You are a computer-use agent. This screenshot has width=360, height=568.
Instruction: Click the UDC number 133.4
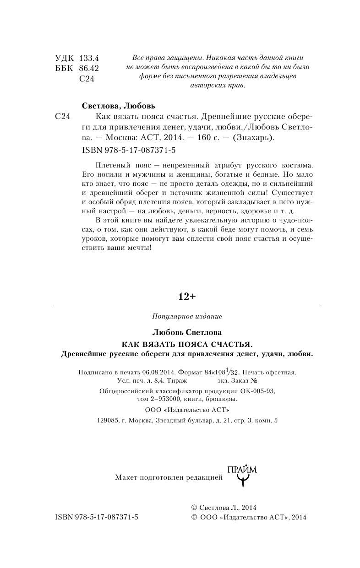click(89, 59)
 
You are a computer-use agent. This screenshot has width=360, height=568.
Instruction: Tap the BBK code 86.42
click(89, 69)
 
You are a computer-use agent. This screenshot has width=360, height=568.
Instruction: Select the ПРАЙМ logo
click(242, 475)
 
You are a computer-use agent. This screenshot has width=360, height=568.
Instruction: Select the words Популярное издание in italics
click(187, 316)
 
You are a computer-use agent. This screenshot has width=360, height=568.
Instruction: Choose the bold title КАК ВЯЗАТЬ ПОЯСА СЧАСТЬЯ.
click(187, 343)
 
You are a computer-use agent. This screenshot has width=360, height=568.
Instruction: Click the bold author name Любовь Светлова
click(187, 332)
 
